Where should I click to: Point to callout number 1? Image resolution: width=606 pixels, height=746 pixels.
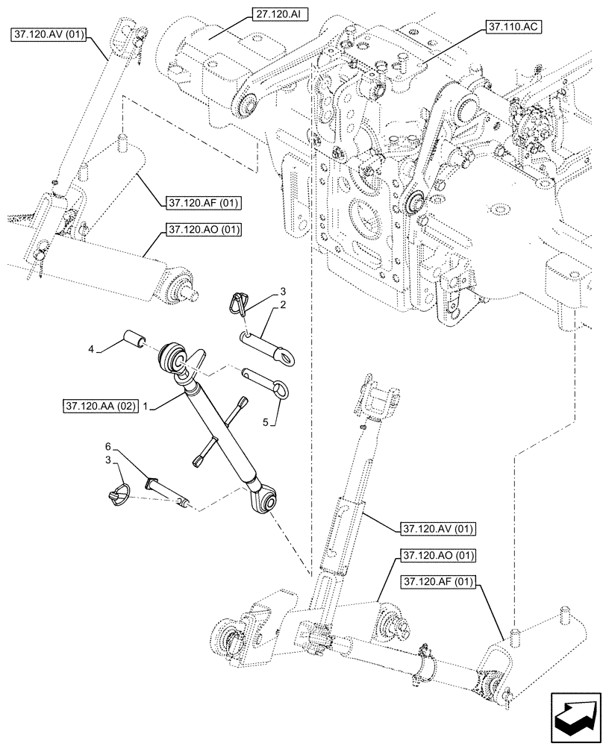tap(147, 406)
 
